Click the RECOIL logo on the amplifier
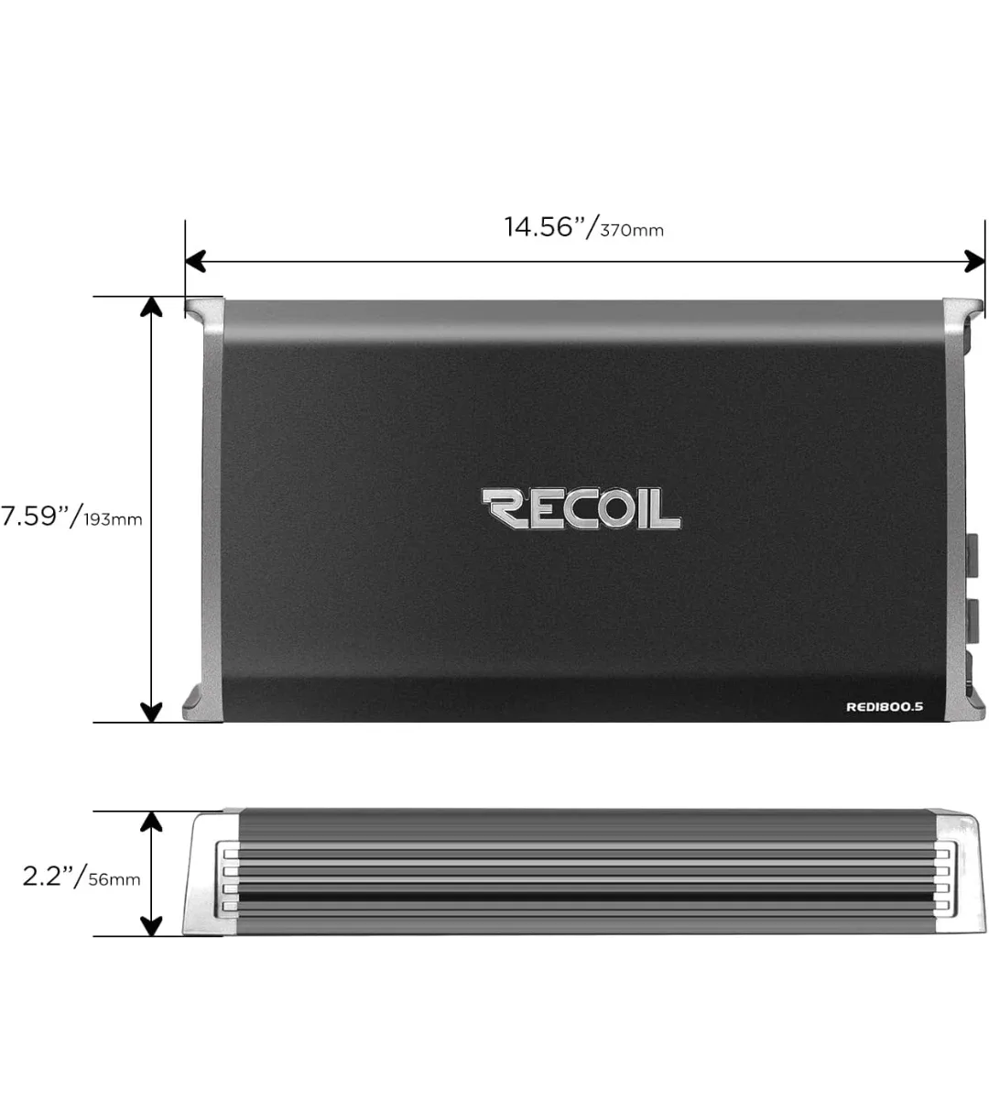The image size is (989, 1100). [x=581, y=509]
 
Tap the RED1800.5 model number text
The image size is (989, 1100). [x=884, y=706]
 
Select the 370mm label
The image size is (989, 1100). [x=632, y=230]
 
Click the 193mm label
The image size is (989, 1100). [x=114, y=519]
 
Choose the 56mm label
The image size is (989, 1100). [x=114, y=879]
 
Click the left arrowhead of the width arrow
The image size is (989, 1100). [x=194, y=261]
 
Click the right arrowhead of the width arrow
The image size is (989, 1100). [x=974, y=261]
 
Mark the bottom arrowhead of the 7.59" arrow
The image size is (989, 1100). [x=150, y=712]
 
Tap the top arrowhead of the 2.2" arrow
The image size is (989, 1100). [x=150, y=821]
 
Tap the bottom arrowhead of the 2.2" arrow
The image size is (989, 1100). [x=150, y=926]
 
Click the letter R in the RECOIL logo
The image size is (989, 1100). [x=504, y=509]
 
